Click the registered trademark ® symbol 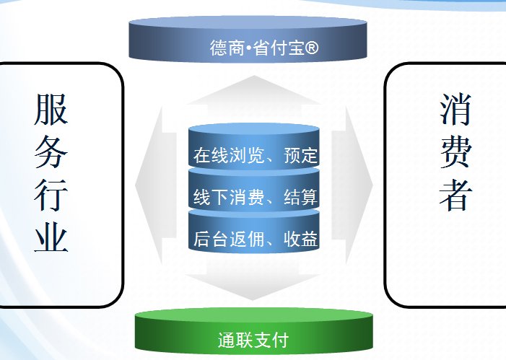[311, 48]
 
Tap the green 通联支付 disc [253, 330]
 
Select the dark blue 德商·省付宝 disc [248, 39]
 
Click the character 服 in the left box [51, 109]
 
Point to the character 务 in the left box [51, 152]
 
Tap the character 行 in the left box [51, 195]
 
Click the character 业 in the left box [51, 237]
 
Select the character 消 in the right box [455, 109]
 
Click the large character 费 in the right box [455, 152]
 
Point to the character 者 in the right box [455, 195]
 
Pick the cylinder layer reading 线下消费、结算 [254, 190]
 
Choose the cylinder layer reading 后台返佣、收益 [254, 232]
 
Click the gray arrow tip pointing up [254, 76]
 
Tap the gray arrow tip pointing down [253, 299]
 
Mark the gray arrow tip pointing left [136, 185]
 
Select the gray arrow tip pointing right [372, 185]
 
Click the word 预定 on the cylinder [300, 156]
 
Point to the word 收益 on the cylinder [300, 239]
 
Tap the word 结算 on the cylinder [300, 197]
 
